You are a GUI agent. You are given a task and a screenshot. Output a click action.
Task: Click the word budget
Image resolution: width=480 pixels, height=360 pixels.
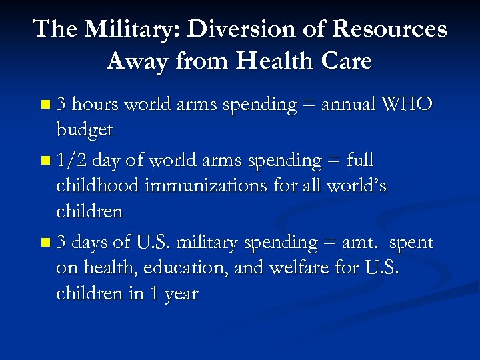coord(85,131)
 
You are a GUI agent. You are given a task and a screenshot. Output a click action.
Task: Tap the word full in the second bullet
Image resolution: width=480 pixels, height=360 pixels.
coord(360,161)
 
